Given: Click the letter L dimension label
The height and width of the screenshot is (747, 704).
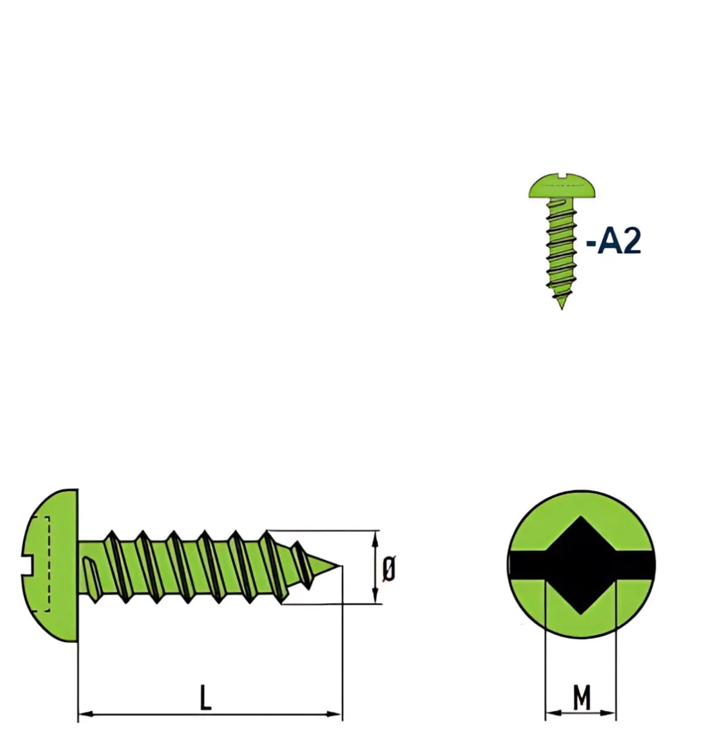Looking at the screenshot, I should click(x=206, y=697).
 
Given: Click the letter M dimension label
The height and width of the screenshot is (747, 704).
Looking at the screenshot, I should click(x=581, y=697).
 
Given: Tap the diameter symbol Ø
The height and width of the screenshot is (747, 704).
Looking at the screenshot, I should click(x=388, y=569).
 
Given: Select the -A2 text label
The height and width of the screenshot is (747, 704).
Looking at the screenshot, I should click(x=614, y=242).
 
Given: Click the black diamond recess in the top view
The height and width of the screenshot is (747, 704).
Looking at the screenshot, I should click(x=581, y=565).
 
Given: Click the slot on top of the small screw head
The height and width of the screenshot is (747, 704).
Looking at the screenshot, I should click(x=562, y=175).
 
